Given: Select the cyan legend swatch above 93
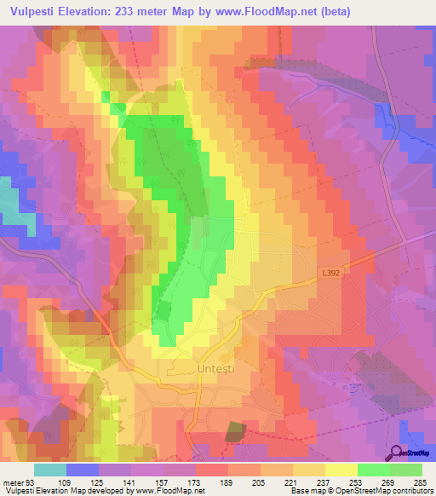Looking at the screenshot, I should tap(50, 470).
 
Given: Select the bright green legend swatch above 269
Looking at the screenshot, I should tap(374, 470).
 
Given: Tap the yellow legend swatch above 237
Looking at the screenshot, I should tap(309, 470).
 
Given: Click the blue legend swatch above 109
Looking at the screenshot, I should tap(83, 470).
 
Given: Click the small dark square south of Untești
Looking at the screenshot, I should tap(233, 430).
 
